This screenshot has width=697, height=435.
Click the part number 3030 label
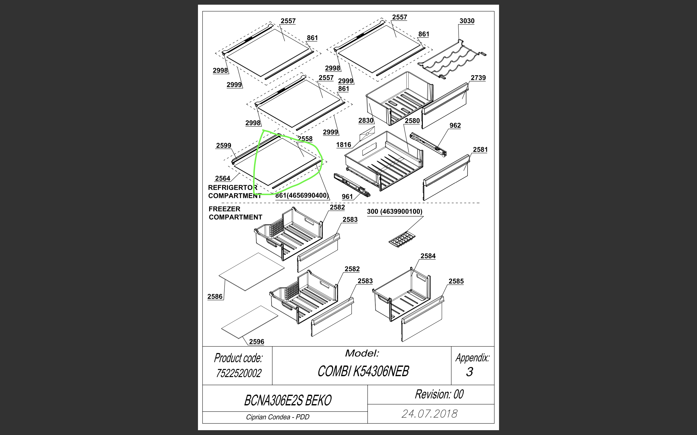[x=467, y=21]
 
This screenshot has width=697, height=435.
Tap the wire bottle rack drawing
[x=452, y=59]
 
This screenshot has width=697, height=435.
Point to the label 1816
[x=344, y=145]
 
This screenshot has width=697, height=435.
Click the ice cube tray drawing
[x=402, y=239]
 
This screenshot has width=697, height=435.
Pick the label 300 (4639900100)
[x=394, y=211]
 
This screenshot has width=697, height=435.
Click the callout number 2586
[x=215, y=297]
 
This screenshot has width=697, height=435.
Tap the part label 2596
[x=256, y=341]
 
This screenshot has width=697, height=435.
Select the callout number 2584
[x=428, y=256]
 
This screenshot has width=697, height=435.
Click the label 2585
[x=456, y=281]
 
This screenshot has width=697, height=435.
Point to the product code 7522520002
[x=239, y=373]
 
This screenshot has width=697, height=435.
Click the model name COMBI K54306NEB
[x=363, y=371]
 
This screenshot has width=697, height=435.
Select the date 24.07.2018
[x=429, y=414]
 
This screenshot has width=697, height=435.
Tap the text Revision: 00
[x=439, y=394]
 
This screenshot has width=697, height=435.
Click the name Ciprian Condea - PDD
[x=278, y=417]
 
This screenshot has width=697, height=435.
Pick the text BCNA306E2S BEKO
[x=288, y=400]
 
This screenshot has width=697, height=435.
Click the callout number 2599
[x=224, y=145]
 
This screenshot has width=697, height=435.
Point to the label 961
[x=347, y=196]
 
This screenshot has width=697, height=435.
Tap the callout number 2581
[x=480, y=150]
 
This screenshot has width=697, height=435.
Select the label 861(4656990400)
[x=302, y=196]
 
